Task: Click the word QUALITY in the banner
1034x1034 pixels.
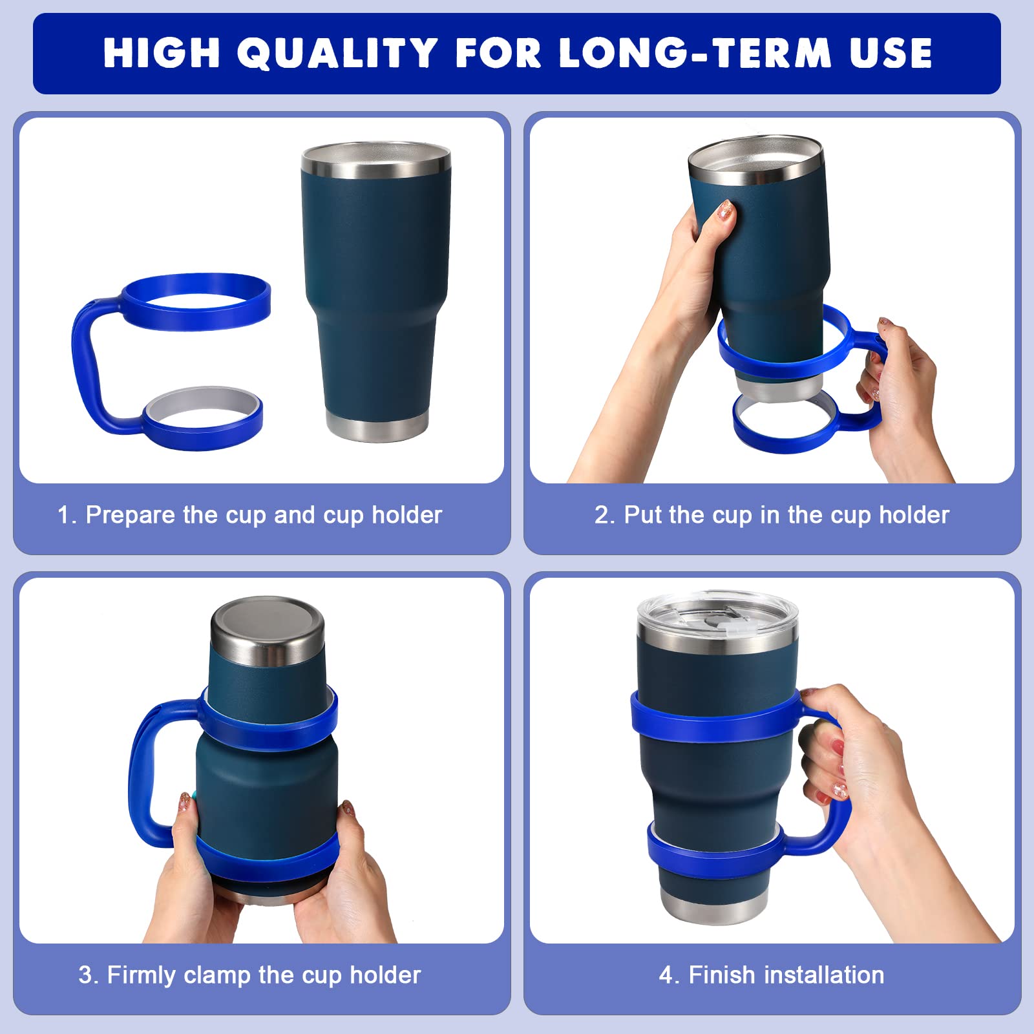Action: click(337, 53)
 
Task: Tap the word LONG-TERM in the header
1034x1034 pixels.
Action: click(695, 53)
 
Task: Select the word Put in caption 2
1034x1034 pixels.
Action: click(643, 515)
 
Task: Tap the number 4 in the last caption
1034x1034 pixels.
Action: click(666, 975)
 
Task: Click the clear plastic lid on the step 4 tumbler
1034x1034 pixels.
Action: click(717, 614)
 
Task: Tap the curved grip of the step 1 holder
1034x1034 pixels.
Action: click(84, 362)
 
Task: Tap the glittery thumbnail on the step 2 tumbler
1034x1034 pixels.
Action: click(726, 209)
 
